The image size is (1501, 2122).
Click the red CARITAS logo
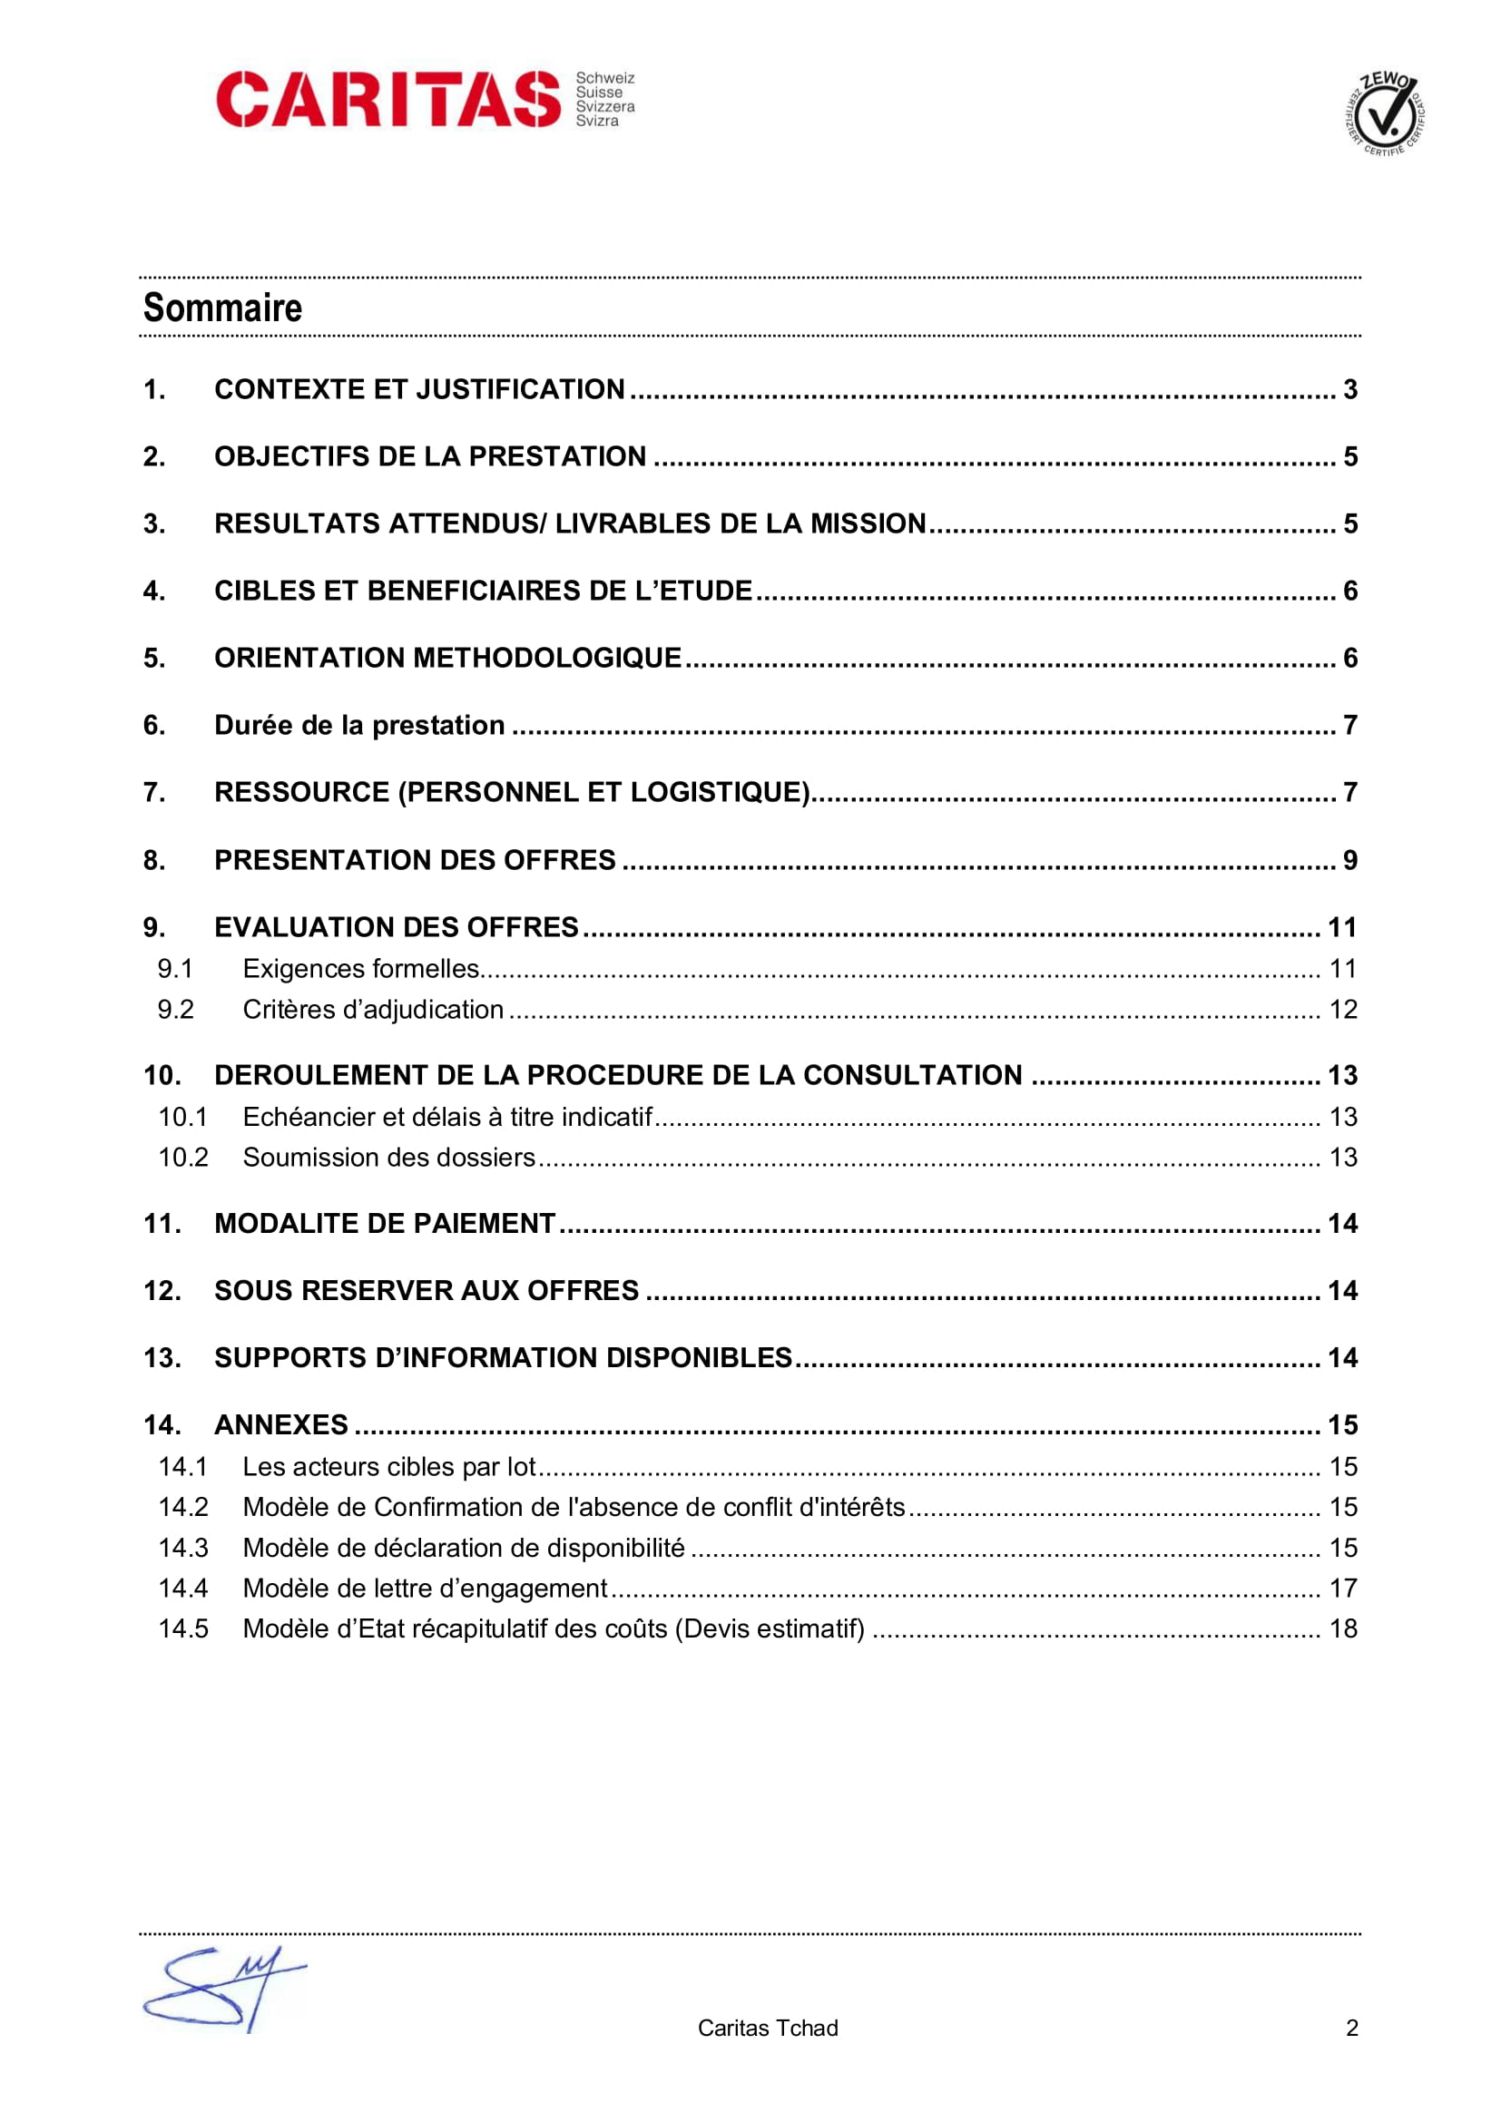pyautogui.click(x=388, y=99)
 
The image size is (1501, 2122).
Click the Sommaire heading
pyautogui.click(x=222, y=308)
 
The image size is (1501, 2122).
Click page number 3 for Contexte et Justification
pyautogui.click(x=1350, y=389)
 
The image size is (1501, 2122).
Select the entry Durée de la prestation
pyautogui.click(x=359, y=726)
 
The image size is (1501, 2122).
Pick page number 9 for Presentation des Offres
pyautogui.click(x=1350, y=860)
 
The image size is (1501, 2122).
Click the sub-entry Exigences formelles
pyautogui.click(x=360, y=969)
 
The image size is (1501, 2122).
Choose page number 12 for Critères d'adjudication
pyautogui.click(x=1343, y=1009)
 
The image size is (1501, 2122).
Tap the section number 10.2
pyautogui.click(x=183, y=1157)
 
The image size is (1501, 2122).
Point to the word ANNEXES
pyautogui.click(x=281, y=1425)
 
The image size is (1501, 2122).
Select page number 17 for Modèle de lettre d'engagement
pyautogui.click(x=1343, y=1588)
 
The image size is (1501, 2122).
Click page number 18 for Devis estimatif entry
pyautogui.click(x=1343, y=1628)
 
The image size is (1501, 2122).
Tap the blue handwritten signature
pyautogui.click(x=221, y=1990)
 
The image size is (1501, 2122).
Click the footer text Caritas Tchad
pyautogui.click(x=767, y=2028)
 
